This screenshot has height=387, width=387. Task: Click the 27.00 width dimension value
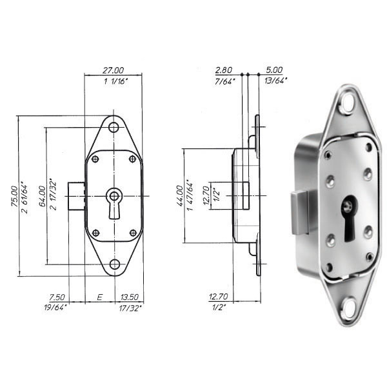coord(114,70)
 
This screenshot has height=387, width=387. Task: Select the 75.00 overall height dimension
coord(14,196)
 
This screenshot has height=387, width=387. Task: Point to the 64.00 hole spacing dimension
coord(42,196)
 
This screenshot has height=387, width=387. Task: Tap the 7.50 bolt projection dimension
coord(57,297)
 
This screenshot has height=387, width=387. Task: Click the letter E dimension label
coord(99,297)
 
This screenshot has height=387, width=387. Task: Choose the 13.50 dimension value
coord(130,297)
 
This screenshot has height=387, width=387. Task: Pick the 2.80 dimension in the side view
coord(224,70)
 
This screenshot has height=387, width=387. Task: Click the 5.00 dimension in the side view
coord(274,70)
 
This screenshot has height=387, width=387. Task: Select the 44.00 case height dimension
coord(180,196)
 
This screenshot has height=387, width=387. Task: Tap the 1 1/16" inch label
coord(115,81)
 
